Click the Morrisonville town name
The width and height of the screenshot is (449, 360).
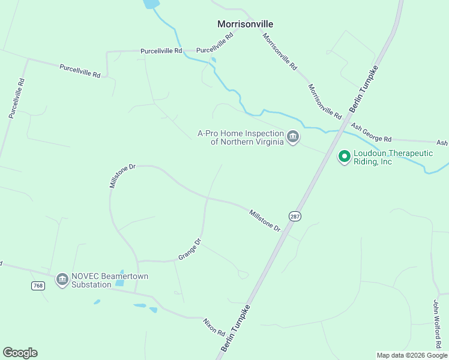point(245,24)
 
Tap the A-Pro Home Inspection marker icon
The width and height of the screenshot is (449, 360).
point(293,137)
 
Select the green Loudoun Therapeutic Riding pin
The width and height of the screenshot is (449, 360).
point(345,157)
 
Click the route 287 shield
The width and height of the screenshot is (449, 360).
point(294,216)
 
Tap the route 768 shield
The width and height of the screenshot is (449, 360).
point(38,286)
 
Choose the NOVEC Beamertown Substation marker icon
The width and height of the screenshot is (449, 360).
point(62,280)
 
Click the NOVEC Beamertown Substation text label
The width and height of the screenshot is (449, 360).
point(109,280)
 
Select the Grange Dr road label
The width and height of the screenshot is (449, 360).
point(189,249)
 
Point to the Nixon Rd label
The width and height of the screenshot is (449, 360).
point(214,327)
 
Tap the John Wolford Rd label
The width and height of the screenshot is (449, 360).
point(438,324)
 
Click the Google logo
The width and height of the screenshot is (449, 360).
point(20,353)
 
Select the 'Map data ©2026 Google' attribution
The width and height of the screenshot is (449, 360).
point(412,355)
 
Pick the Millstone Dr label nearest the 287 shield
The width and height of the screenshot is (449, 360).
point(265,220)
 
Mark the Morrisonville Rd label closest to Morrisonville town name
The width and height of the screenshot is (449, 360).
point(280,52)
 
